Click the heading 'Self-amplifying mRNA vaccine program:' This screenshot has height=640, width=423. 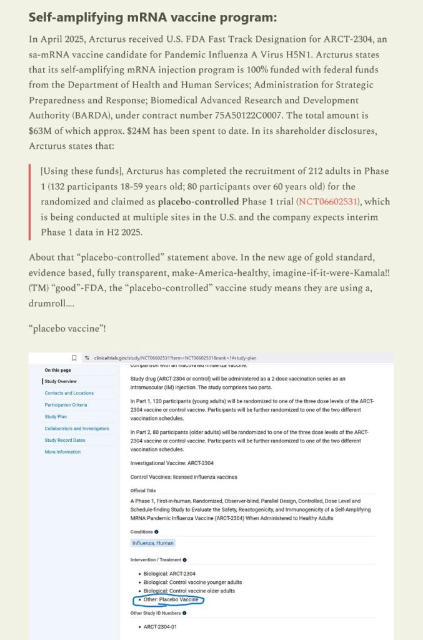(153, 17)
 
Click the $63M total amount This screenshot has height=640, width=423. (41, 131)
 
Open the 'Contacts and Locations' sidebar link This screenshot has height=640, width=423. (69, 393)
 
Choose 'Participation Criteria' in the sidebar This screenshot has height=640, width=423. (66, 405)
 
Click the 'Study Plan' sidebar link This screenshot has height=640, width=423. (56, 416)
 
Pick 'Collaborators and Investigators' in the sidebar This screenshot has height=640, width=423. (76, 428)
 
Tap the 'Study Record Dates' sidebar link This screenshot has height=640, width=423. (64, 440)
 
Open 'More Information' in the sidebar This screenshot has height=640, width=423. (62, 452)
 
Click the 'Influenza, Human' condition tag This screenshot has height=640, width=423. (153, 543)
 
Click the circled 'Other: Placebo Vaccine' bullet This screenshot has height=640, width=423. (171, 600)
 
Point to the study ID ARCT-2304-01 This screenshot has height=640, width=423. (160, 627)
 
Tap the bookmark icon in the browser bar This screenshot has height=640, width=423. (74, 358)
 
